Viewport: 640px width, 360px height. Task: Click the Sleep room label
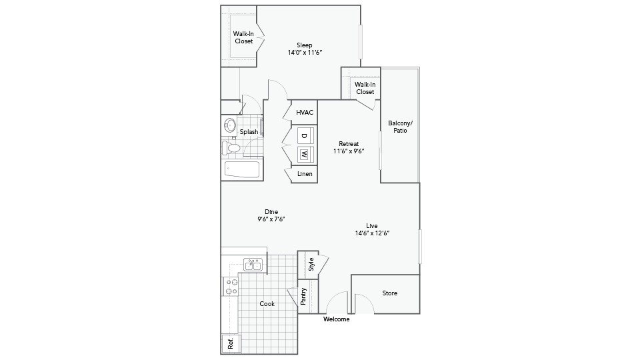(305, 45)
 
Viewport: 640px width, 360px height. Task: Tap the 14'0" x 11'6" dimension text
(305, 53)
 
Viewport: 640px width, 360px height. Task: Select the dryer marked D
(305, 135)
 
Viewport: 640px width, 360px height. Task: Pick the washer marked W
(305, 154)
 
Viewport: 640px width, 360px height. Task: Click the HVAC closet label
(305, 112)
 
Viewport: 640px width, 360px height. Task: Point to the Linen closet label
(305, 174)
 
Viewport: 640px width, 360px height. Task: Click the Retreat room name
(349, 144)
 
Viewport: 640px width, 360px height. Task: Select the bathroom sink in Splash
(230, 125)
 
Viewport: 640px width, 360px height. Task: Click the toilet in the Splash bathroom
(231, 148)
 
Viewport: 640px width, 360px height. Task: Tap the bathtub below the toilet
(241, 170)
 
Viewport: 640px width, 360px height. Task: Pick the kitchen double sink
(253, 265)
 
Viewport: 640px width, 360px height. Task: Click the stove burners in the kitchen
(231, 287)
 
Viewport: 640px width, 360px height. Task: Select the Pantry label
(303, 296)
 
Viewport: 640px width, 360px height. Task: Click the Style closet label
(311, 264)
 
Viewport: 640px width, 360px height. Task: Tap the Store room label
(390, 293)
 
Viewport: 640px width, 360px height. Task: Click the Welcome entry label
(336, 319)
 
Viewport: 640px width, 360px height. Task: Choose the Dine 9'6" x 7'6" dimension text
(271, 219)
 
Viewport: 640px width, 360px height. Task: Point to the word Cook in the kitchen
(267, 304)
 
